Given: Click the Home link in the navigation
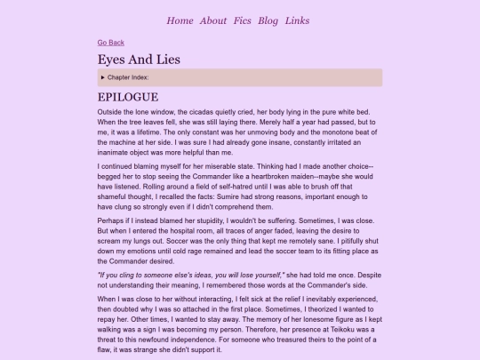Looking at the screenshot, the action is (x=180, y=20).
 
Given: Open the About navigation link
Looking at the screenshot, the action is (x=213, y=20).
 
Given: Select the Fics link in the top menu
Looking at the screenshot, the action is (x=243, y=20).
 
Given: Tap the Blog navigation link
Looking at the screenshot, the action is (x=268, y=20).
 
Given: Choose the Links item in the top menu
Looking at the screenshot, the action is (x=298, y=20).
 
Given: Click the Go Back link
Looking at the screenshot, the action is (x=111, y=42).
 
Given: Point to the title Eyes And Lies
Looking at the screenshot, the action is (x=139, y=59).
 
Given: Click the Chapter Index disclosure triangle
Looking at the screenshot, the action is (x=103, y=78).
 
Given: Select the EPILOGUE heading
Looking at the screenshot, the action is (x=128, y=97).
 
